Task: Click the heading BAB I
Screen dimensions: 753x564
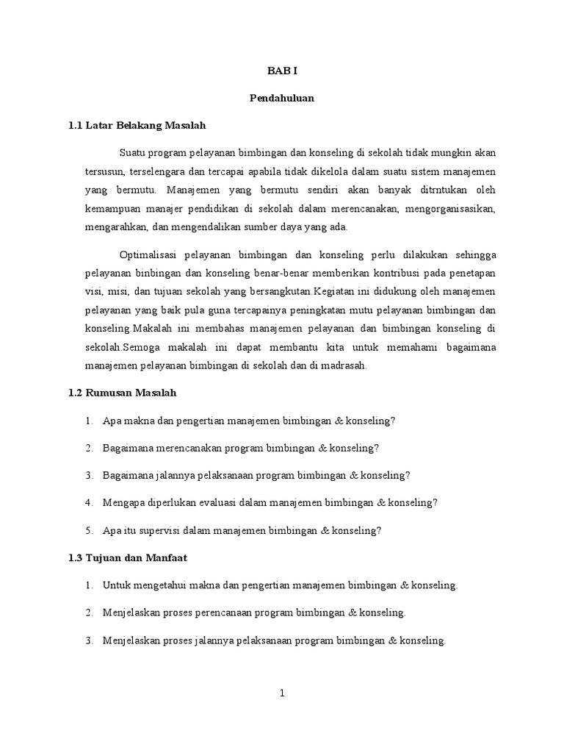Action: click(x=281, y=71)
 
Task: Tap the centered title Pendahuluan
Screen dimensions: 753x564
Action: click(x=281, y=98)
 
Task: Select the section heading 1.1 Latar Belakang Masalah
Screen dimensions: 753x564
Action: click(x=137, y=125)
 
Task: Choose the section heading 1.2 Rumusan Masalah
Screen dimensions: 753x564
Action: click(x=122, y=393)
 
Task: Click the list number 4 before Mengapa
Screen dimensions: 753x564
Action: click(x=88, y=503)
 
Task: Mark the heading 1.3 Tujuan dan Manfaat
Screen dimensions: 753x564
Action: click(x=128, y=558)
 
